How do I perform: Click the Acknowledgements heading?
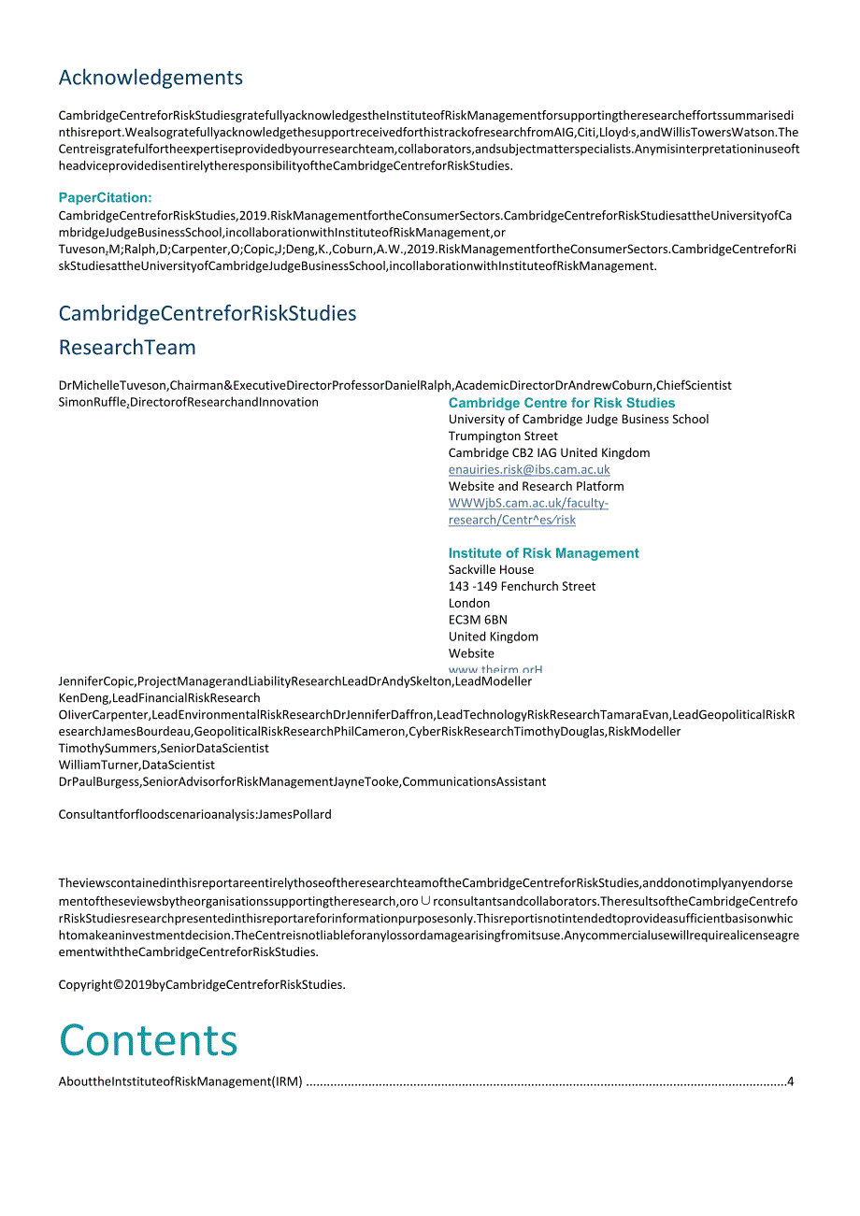[150, 78]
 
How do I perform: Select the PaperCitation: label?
[105, 197]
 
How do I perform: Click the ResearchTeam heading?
[127, 348]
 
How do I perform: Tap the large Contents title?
[149, 1040]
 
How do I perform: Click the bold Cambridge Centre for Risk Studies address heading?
[561, 403]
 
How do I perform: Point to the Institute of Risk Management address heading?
[543, 553]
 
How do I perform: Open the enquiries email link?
[529, 470]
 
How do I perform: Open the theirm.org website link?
[495, 669]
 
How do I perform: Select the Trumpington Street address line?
[503, 436]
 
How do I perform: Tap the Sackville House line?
[491, 570]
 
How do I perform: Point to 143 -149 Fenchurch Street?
[522, 587]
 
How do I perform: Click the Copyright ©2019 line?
[202, 984]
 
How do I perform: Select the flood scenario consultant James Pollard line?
[194, 814]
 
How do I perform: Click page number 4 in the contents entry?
[790, 1082]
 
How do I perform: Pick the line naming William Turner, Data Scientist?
[136, 765]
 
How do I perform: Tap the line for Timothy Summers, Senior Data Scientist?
[164, 748]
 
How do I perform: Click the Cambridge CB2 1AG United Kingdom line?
[549, 453]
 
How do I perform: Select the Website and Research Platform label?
[536, 486]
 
